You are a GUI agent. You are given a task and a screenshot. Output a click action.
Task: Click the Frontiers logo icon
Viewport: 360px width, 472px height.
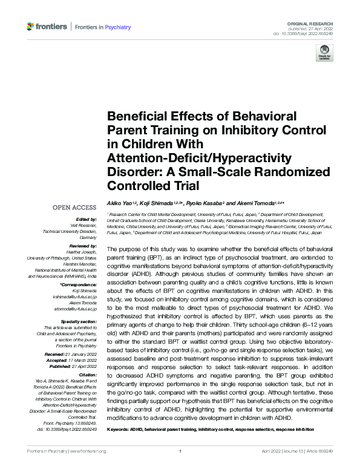31,27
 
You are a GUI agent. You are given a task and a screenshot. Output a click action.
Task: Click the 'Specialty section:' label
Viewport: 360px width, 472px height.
80,321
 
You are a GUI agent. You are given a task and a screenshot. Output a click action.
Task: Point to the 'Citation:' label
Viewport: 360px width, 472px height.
87,375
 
